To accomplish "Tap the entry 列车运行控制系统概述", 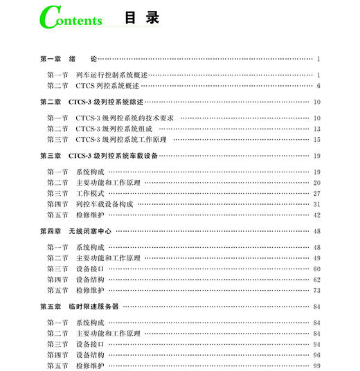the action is pyautogui.click(x=111, y=75).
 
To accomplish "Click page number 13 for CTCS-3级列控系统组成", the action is pyautogui.click(x=316, y=129).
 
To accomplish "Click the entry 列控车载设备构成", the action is pyautogui.click(x=104, y=204).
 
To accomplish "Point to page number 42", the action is pyautogui.click(x=316, y=215).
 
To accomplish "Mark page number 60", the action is pyautogui.click(x=316, y=269).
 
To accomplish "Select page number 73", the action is pyautogui.click(x=316, y=291).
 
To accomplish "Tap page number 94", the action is pyautogui.click(x=316, y=344).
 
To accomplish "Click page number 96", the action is pyautogui.click(x=316, y=355).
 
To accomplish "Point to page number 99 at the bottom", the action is pyautogui.click(x=316, y=365).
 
